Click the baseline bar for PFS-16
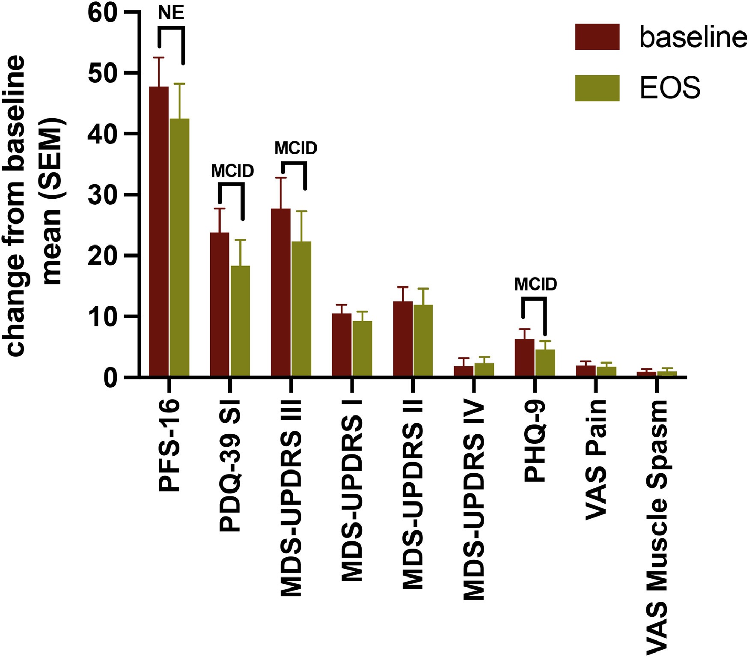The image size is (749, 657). tap(158, 231)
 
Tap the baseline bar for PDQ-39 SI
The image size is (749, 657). tap(220, 305)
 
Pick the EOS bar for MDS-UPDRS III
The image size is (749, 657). tap(301, 309)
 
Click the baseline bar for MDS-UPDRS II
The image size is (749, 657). tap(403, 339)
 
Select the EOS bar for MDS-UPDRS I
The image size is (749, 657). tap(362, 349)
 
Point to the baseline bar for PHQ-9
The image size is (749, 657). tap(524, 358)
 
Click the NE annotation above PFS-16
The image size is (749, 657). tap(171, 13)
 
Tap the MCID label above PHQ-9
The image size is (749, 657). tap(535, 284)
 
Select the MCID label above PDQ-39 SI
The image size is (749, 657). tap(232, 171)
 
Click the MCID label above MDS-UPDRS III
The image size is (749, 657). tap(296, 149)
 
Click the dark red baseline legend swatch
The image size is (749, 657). tap(597, 37)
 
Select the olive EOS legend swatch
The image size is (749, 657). tap(597, 88)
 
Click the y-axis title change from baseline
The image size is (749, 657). tap(17, 206)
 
